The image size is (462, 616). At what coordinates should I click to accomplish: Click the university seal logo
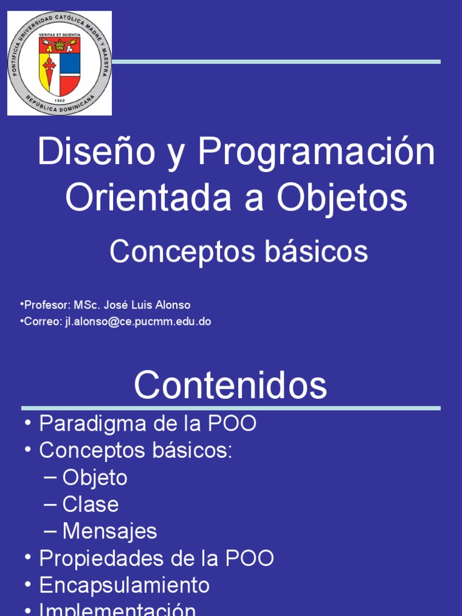(59, 63)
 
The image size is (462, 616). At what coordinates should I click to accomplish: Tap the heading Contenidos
(230, 385)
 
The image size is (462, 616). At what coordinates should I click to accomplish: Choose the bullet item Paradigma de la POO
(147, 423)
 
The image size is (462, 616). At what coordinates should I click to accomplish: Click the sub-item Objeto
(94, 478)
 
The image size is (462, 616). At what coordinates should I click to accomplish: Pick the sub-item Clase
(90, 504)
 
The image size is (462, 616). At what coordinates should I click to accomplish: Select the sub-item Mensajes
(109, 531)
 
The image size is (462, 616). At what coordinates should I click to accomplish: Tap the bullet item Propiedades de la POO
(156, 558)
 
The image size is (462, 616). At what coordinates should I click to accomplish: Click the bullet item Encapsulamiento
(124, 585)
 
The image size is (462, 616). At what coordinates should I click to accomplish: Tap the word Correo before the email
(42, 321)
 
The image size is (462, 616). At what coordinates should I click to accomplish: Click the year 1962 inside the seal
(59, 100)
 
